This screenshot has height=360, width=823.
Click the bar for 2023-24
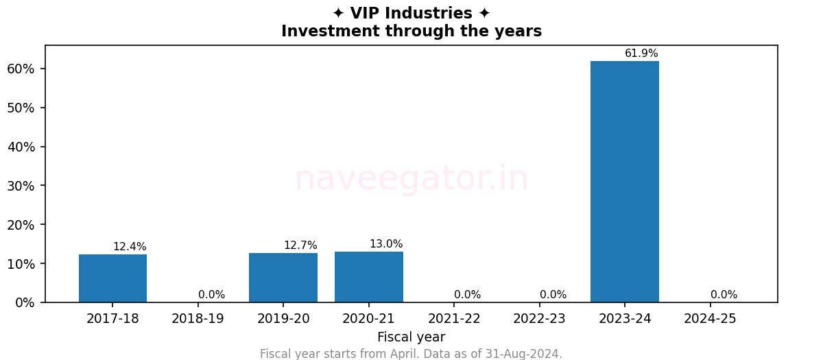coord(624,182)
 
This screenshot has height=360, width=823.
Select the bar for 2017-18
coord(112,278)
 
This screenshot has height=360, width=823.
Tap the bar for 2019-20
coord(283,278)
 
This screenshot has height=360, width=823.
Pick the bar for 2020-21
coord(368,277)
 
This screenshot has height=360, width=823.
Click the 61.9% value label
coord(641,53)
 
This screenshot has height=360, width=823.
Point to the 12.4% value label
coord(130,247)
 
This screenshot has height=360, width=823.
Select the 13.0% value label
coord(386,244)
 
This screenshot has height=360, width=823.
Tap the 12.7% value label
coord(300,245)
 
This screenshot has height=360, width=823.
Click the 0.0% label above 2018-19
coord(211,295)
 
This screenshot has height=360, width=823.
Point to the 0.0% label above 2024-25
coord(724,295)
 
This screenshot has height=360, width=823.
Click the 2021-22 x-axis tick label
coord(454,319)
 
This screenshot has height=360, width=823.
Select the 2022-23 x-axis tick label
coord(539,319)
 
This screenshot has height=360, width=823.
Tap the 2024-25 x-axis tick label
coord(710,319)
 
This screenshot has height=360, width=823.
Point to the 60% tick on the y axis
coord(21,69)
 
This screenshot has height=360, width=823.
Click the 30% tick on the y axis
coord(21,186)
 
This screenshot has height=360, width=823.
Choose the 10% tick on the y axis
coord(21,264)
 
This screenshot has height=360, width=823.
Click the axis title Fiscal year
coord(411,337)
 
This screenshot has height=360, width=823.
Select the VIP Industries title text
coord(411,14)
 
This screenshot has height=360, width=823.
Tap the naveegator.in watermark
coord(411,179)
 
